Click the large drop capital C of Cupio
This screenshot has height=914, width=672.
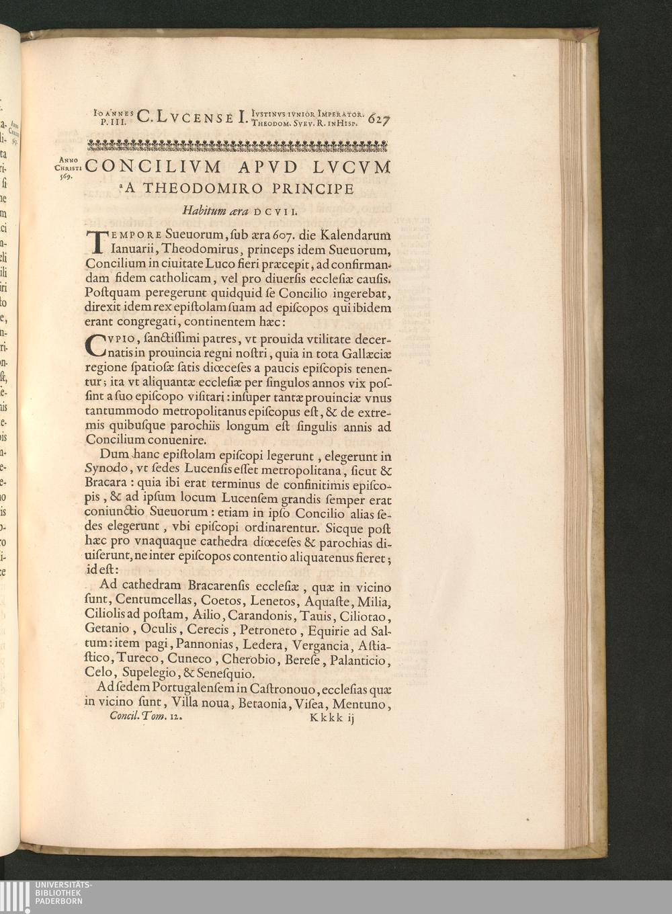(97, 344)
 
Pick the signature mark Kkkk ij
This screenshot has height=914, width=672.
(331, 718)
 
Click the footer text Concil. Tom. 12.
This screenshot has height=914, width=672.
(145, 717)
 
